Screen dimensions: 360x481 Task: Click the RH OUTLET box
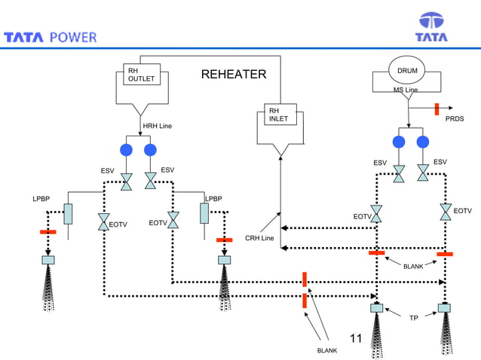tap(141, 75)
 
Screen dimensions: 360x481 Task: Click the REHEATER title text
tap(233, 74)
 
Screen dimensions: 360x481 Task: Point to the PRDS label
tap(455, 119)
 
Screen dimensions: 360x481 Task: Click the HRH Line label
tap(158, 125)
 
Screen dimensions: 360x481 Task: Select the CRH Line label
tap(259, 239)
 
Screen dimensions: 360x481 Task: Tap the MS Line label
tap(405, 90)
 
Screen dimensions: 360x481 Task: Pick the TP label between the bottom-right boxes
tap(413, 319)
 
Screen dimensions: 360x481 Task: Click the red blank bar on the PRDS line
tap(436, 108)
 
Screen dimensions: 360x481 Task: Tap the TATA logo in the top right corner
tap(432, 27)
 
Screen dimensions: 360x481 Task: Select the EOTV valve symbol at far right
tap(446, 212)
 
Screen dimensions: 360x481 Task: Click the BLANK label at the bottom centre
tap(327, 351)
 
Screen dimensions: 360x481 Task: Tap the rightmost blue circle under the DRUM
tap(422, 142)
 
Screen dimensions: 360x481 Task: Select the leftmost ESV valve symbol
tap(127, 181)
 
